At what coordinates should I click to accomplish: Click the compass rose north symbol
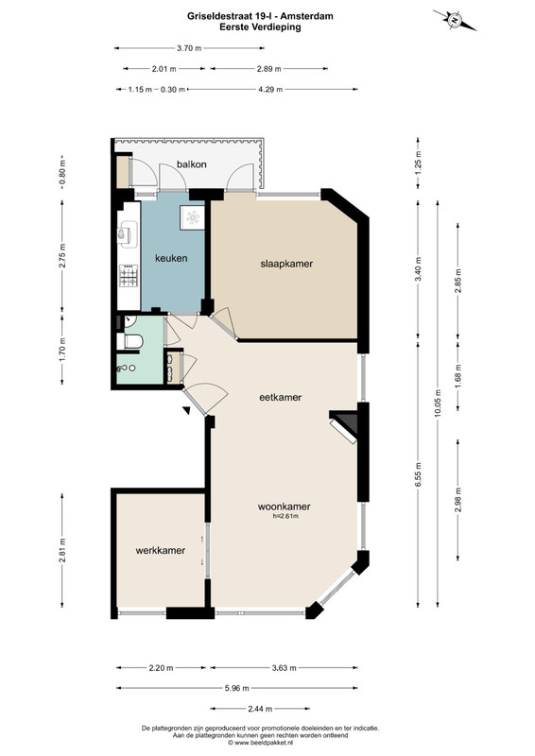[x=455, y=20]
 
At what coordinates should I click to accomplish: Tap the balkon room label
[x=192, y=164]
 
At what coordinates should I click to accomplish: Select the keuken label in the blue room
[x=171, y=258]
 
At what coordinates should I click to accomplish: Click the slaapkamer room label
[x=286, y=264]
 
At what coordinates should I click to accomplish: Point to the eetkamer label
[x=281, y=397]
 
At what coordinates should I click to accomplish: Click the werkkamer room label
[x=161, y=550]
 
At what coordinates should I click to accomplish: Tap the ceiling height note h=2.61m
[x=285, y=516]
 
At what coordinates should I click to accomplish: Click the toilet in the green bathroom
[x=130, y=341]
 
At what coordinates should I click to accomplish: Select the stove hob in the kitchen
[x=129, y=275]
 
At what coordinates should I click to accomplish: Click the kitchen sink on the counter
[x=127, y=233]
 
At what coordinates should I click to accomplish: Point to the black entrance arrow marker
[x=186, y=410]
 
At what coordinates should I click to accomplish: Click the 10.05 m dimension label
[x=438, y=403]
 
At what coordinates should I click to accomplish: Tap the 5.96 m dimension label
[x=237, y=688]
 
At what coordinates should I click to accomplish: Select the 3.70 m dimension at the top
[x=189, y=48]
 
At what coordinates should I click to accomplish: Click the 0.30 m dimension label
[x=173, y=89]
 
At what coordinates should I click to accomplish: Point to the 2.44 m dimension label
[x=260, y=709]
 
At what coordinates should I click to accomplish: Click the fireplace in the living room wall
[x=344, y=425]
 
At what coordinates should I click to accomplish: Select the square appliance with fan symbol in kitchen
[x=193, y=218]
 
